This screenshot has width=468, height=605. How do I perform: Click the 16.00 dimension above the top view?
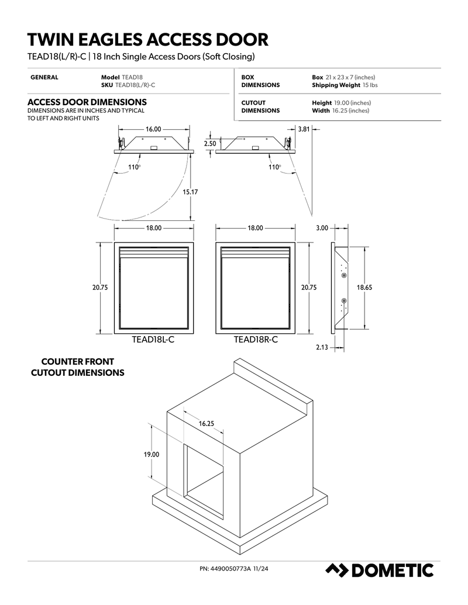[153, 129]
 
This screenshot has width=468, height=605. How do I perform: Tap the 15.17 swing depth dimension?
[190, 192]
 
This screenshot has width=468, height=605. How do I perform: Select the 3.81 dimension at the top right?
[304, 129]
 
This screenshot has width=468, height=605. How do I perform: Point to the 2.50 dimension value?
[210, 144]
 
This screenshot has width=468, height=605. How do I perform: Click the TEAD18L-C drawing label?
[153, 340]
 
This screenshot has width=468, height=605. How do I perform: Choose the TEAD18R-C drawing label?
[256, 340]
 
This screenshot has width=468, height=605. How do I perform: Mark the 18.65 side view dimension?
[364, 288]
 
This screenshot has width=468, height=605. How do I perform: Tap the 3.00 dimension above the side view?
[322, 228]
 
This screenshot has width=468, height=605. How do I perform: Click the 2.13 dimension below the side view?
[322, 347]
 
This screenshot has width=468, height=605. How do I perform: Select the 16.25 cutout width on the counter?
[206, 424]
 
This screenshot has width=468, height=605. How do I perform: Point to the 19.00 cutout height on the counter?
[152, 455]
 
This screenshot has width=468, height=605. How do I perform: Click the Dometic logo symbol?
[337, 570]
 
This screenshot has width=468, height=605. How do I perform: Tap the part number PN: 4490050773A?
[225, 568]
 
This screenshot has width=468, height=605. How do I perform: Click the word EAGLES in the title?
[108, 40]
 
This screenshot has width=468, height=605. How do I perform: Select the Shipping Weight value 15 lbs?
[370, 85]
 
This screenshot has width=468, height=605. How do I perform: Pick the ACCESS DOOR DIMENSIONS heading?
[87, 102]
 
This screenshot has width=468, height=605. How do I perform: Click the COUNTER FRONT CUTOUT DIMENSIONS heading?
[78, 367]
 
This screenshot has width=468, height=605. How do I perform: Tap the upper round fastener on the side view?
[343, 275]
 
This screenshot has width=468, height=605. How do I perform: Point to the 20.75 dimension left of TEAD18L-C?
[100, 288]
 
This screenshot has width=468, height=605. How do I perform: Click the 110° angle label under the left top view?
[134, 167]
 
